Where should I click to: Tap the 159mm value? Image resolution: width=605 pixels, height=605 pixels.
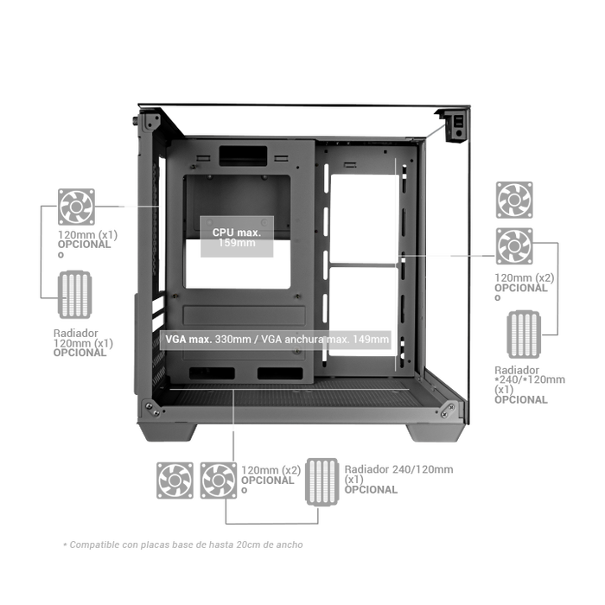(x=239, y=244)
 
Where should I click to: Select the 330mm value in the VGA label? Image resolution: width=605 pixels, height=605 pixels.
(x=228, y=339)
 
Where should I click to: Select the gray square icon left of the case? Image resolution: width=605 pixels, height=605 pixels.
(x=76, y=207)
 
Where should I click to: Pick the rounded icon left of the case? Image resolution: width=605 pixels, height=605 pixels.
(x=75, y=295)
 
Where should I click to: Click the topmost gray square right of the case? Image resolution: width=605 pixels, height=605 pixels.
(x=514, y=200)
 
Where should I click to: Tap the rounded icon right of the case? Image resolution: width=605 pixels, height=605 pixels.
(x=524, y=333)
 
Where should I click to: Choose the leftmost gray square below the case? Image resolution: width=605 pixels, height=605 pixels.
(x=173, y=479)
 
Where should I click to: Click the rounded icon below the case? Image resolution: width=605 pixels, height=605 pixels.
(x=321, y=481)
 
